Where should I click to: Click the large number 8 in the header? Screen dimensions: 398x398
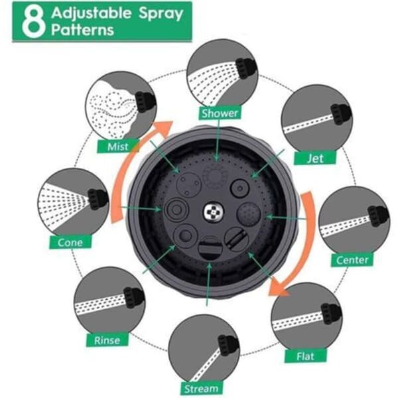[33, 22]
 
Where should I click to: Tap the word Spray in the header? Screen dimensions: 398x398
[160, 15]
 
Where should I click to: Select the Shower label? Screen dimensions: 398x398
[220, 113]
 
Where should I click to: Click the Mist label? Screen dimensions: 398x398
[118, 147]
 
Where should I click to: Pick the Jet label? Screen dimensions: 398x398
[315, 159]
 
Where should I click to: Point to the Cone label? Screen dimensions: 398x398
[70, 242]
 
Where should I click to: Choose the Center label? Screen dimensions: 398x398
[352, 260]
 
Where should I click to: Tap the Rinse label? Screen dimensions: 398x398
[107, 340]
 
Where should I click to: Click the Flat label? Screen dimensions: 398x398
[306, 356]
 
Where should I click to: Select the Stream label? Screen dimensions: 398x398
[202, 389]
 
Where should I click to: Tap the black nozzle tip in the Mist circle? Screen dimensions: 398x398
[145, 101]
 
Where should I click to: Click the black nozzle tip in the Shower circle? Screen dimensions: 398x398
[245, 68]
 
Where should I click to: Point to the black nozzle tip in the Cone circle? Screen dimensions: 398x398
[98, 199]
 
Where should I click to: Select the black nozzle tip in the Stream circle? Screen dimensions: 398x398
[228, 345]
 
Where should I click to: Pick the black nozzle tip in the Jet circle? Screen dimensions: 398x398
[341, 113]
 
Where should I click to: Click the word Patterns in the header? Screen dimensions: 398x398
[82, 31]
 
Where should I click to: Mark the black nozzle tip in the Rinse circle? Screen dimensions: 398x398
[134, 297]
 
